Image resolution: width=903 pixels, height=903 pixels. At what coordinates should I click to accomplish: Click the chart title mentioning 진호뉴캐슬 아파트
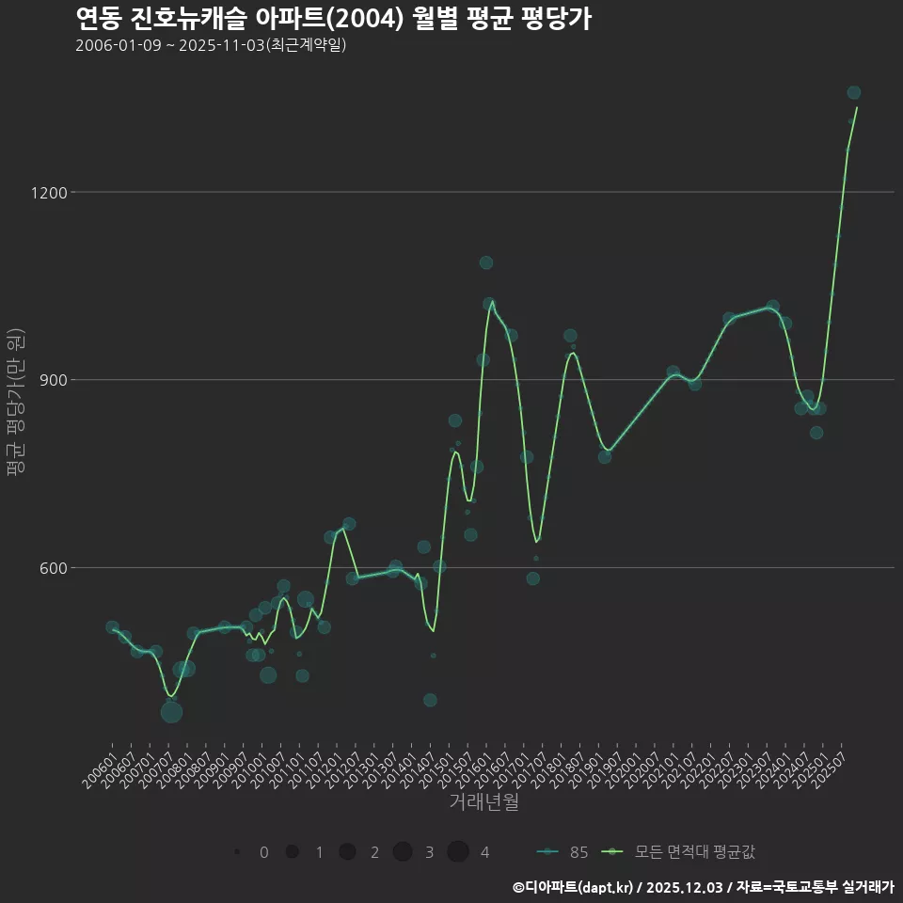(x=333, y=18)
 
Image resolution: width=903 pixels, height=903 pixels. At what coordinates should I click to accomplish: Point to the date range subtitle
(x=211, y=45)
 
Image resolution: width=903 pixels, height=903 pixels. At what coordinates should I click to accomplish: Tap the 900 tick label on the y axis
(x=53, y=380)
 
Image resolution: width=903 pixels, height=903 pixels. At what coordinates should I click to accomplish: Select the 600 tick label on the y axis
(x=53, y=568)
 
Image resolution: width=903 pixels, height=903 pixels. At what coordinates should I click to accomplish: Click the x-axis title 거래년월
(x=483, y=802)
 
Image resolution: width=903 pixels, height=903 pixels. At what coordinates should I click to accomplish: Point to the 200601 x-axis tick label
(x=100, y=764)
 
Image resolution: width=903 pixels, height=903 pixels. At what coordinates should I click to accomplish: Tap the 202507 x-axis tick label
(x=833, y=764)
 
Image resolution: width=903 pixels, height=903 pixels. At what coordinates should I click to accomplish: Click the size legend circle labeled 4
(x=458, y=852)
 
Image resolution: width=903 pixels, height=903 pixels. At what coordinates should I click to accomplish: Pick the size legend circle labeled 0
(x=237, y=852)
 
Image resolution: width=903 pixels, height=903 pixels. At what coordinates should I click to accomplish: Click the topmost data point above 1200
(x=854, y=92)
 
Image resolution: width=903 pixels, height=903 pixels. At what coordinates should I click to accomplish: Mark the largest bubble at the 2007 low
(x=171, y=712)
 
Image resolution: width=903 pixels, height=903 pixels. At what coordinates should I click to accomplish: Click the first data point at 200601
(x=112, y=627)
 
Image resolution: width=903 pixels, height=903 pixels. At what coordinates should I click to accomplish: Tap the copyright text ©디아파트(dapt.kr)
(x=574, y=886)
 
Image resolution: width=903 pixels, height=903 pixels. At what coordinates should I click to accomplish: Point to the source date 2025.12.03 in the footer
(x=685, y=886)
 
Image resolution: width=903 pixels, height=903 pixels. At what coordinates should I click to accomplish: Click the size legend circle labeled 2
(x=347, y=852)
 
